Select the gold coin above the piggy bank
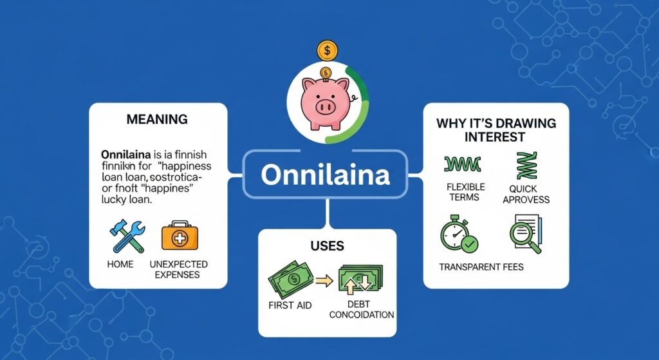click(x=327, y=50)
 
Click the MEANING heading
click(x=157, y=119)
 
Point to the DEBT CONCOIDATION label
click(x=360, y=309)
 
